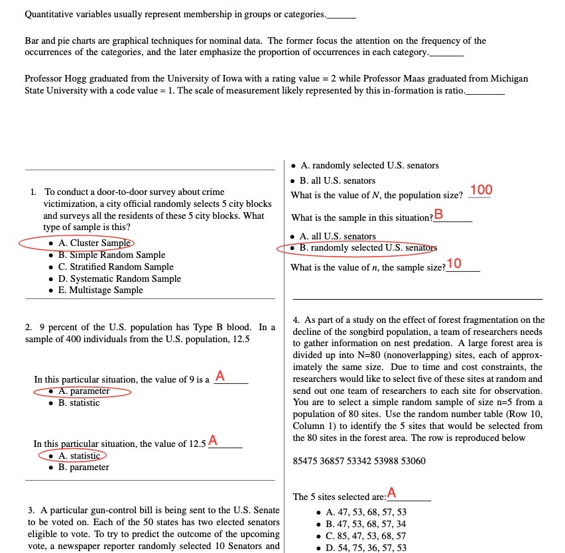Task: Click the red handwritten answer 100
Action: [481, 191]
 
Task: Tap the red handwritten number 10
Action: [454, 264]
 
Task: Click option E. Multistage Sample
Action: [99, 290]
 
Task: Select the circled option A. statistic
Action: [78, 456]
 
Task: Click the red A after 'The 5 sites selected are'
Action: [391, 493]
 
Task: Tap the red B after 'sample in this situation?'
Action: [438, 214]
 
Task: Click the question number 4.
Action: [296, 320]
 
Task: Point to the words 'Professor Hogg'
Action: [52, 78]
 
